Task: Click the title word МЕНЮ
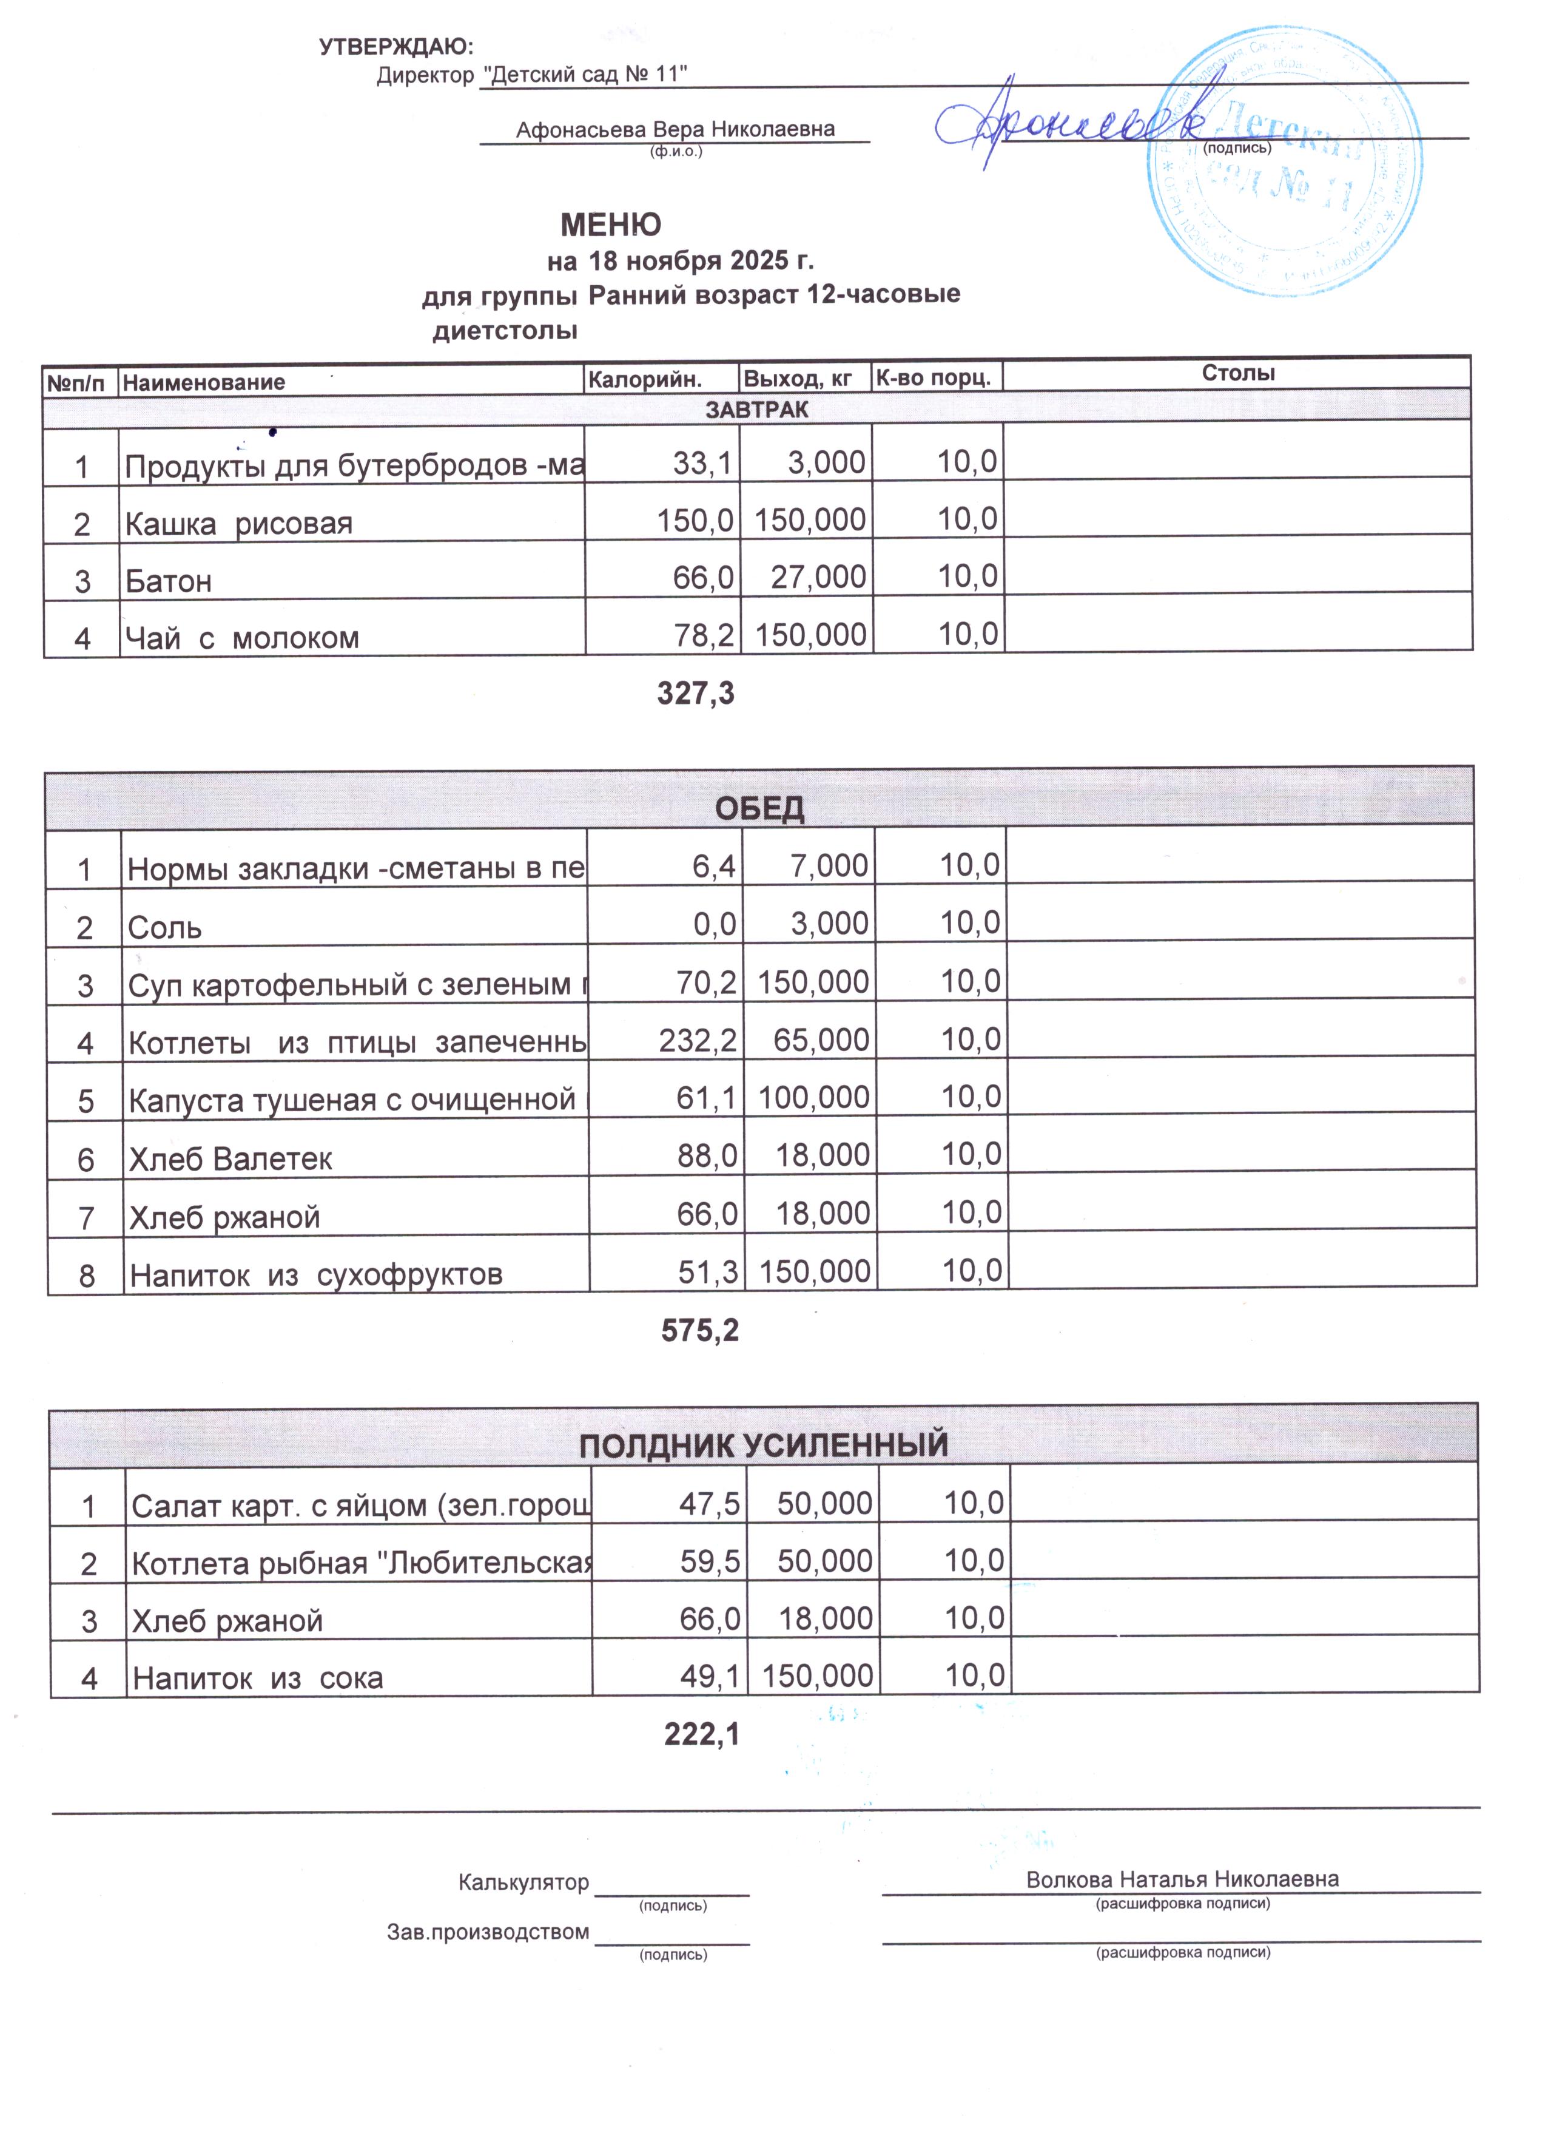pos(610,225)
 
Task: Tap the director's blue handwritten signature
pos(1070,120)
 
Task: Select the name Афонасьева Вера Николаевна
pos(675,130)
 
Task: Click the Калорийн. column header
pos(644,379)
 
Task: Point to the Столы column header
pos(1237,373)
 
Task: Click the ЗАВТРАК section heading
pos(756,410)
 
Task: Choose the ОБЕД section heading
pos(759,808)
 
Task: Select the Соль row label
pos(164,928)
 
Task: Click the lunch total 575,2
pos(699,1331)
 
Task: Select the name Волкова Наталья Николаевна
pos(1182,1878)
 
